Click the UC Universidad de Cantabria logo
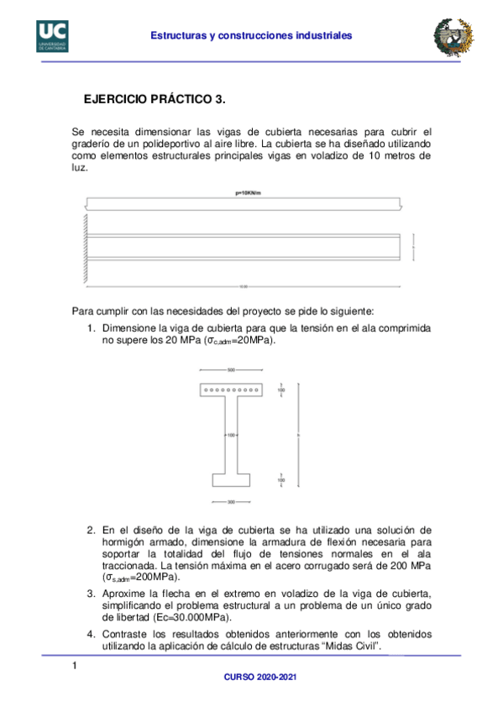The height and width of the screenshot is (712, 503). [x=51, y=35]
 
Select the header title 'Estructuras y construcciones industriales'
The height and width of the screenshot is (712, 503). [x=250, y=35]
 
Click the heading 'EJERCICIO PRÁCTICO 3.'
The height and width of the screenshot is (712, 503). [x=155, y=99]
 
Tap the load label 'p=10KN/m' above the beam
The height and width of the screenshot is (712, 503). [x=250, y=192]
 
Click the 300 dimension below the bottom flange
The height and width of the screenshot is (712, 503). [x=231, y=501]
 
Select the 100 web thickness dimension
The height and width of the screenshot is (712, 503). [x=230, y=435]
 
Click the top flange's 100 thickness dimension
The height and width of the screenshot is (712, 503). [x=281, y=390]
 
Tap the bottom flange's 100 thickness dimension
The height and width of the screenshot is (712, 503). [x=281, y=479]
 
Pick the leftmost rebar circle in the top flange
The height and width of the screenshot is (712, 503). [x=207, y=390]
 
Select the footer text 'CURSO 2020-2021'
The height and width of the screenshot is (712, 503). [x=250, y=676]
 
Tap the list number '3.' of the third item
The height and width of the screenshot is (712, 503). [x=91, y=593]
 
